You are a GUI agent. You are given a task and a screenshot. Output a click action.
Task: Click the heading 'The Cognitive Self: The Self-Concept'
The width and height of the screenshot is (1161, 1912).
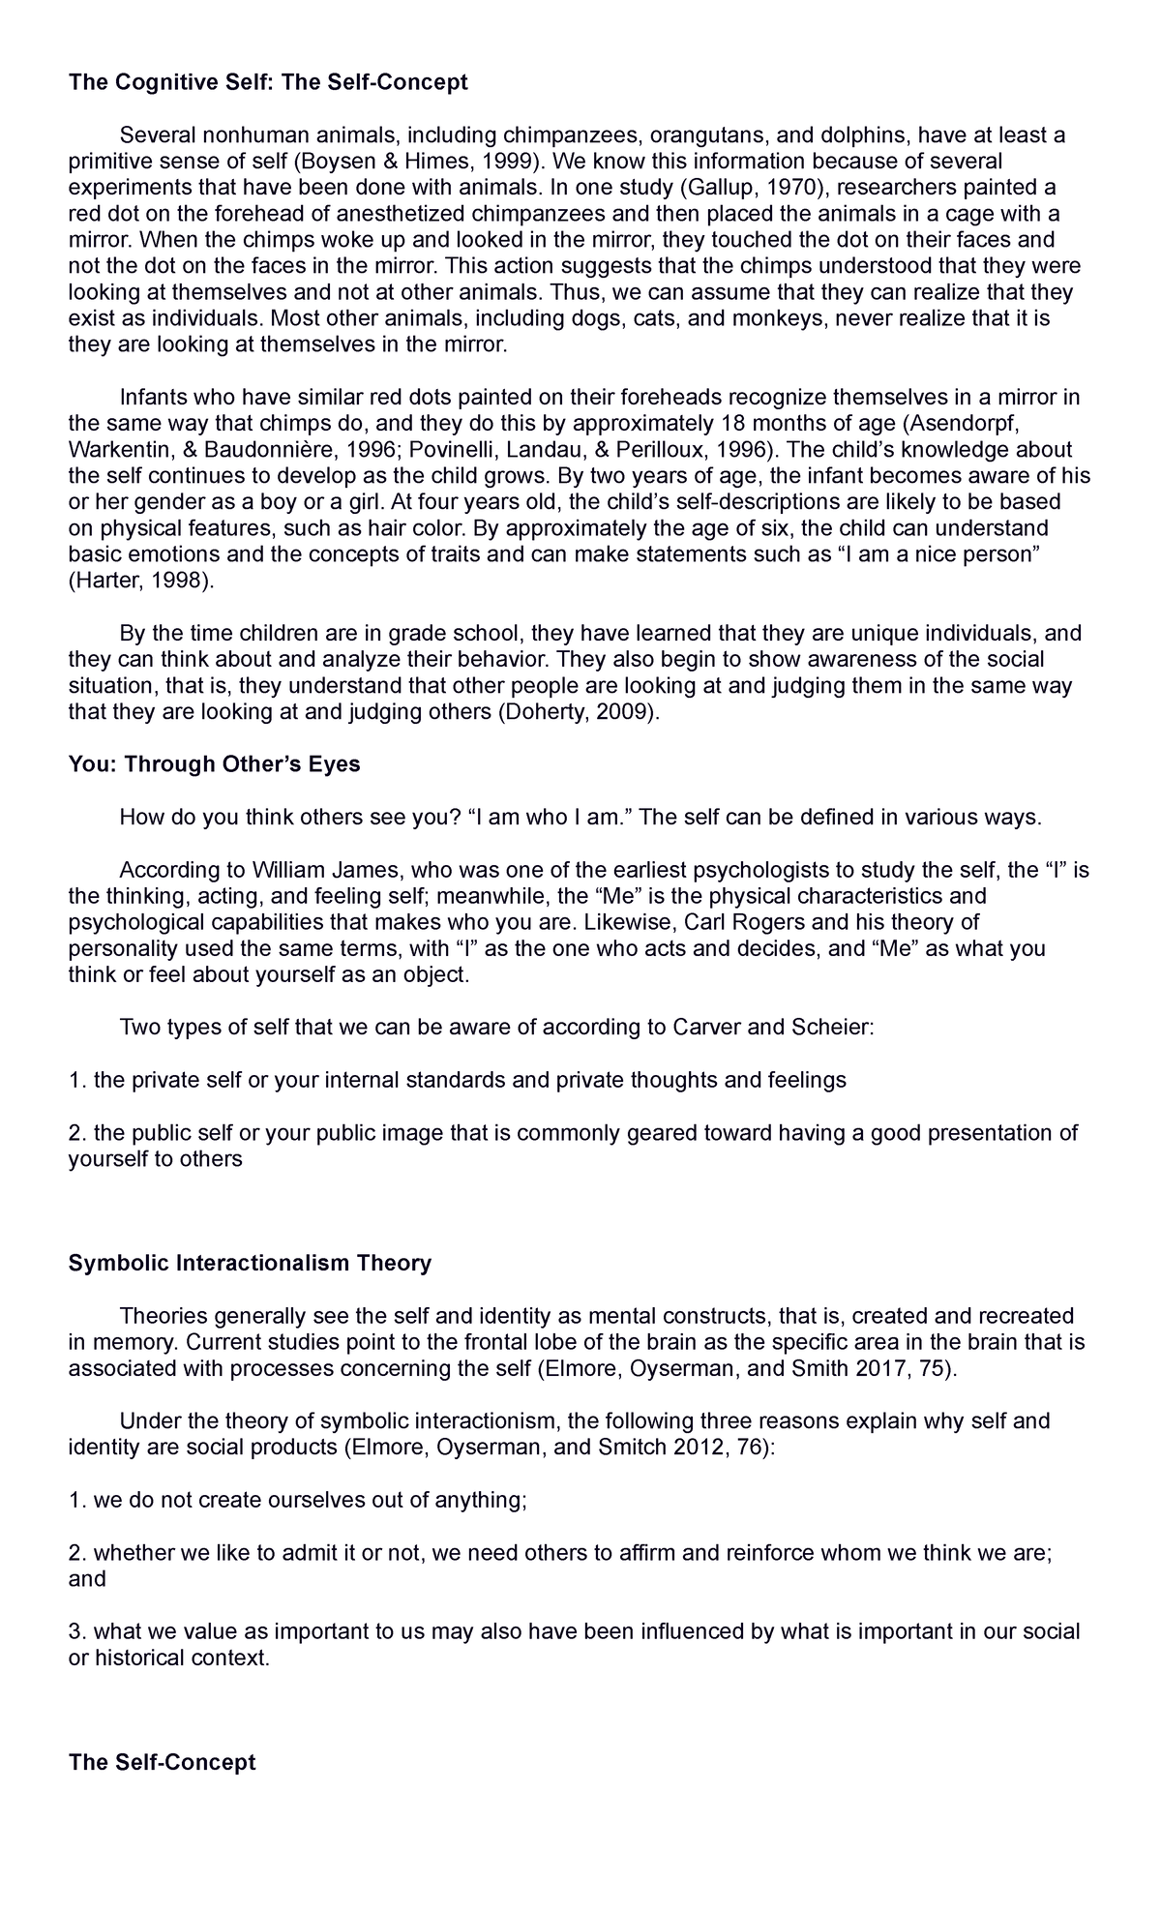point(268,82)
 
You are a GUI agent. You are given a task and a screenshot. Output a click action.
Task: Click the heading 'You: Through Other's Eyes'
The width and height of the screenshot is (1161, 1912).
point(214,764)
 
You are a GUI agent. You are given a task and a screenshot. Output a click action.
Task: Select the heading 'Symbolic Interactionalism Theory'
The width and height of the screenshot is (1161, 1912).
point(250,1263)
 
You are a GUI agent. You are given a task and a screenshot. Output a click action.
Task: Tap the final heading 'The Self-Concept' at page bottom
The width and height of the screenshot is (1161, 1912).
point(162,1762)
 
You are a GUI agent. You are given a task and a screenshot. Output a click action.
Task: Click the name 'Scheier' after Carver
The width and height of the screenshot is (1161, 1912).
point(830,1027)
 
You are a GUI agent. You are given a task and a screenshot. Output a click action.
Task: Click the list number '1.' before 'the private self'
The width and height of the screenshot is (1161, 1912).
point(77,1080)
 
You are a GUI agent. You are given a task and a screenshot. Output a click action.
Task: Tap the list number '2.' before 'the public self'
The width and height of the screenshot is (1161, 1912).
point(77,1132)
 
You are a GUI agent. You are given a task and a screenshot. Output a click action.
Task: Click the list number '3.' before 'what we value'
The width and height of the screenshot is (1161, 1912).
point(77,1631)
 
